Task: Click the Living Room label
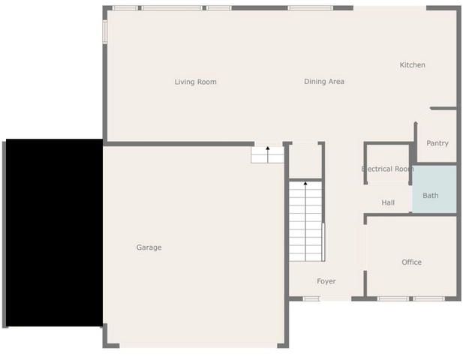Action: [195, 82]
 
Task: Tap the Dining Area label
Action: [324, 81]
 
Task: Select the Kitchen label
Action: [413, 65]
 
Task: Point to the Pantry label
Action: [437, 143]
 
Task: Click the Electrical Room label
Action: [388, 169]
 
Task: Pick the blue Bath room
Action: [434, 189]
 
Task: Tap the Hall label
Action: [388, 202]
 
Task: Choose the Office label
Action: [411, 262]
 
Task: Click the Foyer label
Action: [326, 281]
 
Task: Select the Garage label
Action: [149, 247]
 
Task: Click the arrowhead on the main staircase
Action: [305, 183]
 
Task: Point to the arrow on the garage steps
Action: [268, 154]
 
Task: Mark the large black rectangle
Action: [55, 232]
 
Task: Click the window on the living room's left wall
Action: [105, 31]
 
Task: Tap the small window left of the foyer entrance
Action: [311, 298]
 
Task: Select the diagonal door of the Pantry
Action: [422, 115]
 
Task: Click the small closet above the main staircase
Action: [305, 162]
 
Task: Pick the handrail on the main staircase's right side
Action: [323, 242]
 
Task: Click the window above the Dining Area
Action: [310, 8]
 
